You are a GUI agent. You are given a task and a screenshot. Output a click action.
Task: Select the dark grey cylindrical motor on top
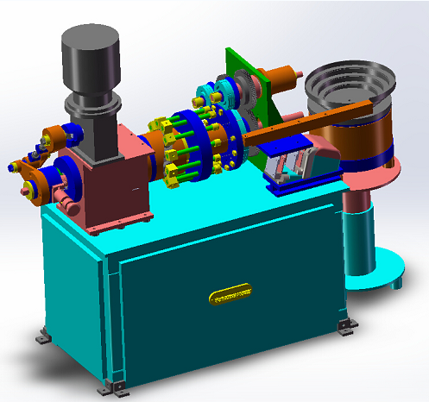point(89,53)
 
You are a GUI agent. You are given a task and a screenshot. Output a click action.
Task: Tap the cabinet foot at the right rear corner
point(346,325)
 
